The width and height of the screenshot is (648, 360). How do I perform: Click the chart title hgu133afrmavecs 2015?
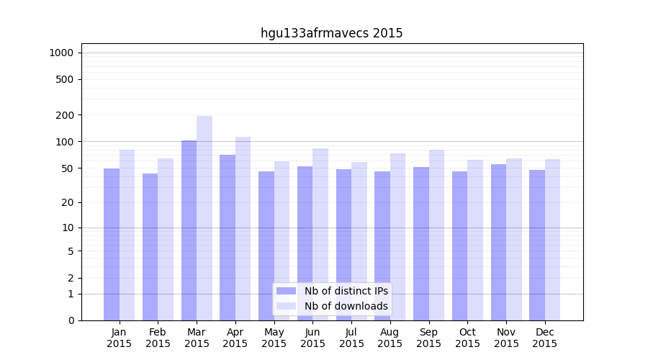point(331,33)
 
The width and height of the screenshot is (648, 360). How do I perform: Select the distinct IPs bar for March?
point(189,230)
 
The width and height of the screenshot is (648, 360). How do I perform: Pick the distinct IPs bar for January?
point(112,245)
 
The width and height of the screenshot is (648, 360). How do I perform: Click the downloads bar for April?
point(243,227)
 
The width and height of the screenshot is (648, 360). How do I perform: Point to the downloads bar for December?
point(553,240)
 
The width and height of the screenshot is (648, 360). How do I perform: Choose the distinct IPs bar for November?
point(498,242)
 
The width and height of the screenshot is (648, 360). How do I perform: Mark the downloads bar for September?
point(436,235)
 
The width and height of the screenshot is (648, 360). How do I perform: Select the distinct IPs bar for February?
point(150,247)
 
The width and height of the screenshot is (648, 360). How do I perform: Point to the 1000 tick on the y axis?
point(61,53)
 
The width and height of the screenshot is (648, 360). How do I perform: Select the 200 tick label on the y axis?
point(65,115)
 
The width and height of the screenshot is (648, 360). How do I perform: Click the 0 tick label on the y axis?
point(71,320)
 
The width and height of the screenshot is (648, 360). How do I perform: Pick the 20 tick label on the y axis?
point(68,202)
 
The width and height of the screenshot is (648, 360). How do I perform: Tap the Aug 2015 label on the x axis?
point(390,338)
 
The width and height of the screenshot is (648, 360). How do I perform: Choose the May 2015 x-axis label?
point(274,338)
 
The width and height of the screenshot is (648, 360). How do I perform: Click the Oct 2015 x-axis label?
point(467,338)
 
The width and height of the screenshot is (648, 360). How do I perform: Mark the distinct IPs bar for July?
point(343,245)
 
